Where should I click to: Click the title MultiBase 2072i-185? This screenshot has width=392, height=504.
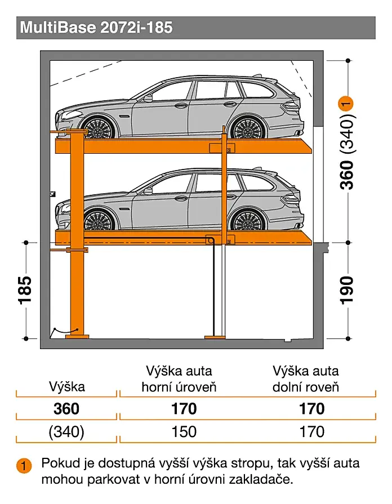96,27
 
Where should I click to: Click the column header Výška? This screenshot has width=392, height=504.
68,386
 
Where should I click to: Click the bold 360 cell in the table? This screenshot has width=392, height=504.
67,408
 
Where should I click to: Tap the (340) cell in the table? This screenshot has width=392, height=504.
67,432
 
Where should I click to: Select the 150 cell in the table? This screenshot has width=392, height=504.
184,432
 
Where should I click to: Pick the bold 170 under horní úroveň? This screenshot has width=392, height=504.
184,408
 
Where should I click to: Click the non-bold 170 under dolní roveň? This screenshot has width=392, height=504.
311,432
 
